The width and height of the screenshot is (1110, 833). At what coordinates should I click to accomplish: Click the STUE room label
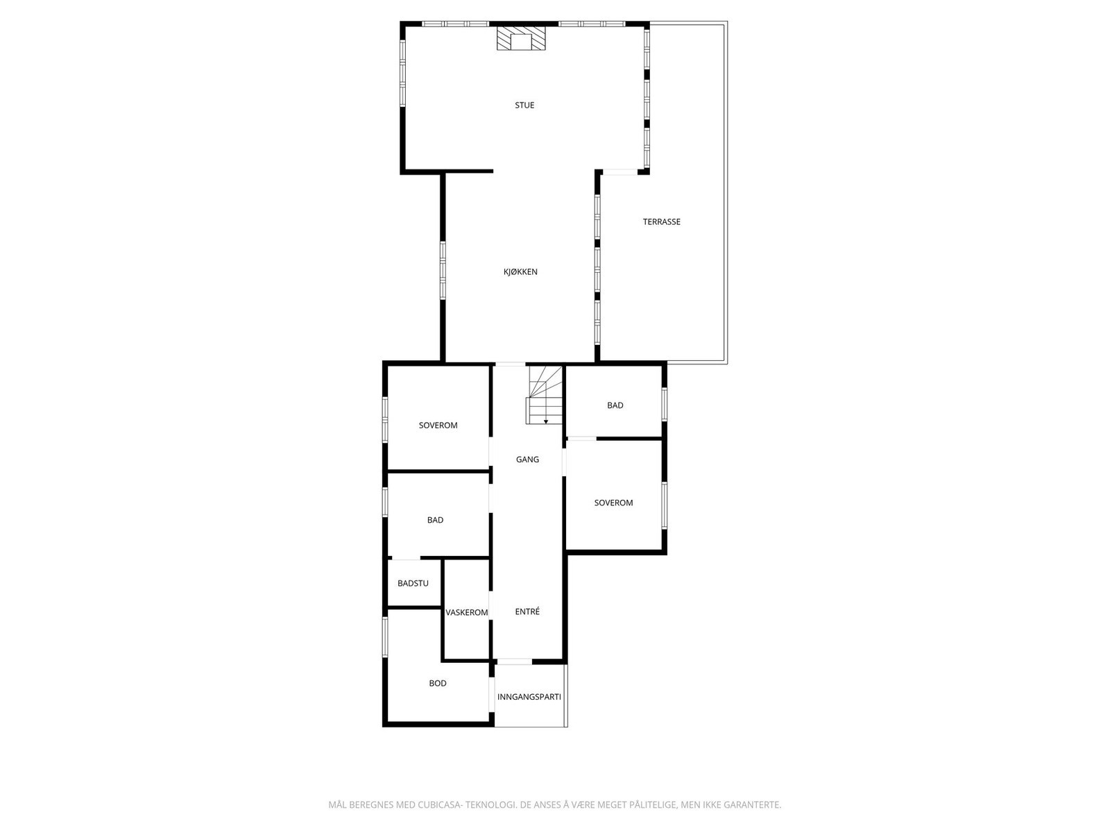coord(524,106)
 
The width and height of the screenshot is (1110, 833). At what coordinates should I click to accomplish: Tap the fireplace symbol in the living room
coord(521,39)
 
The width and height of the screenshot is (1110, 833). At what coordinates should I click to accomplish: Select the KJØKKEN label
coord(520,272)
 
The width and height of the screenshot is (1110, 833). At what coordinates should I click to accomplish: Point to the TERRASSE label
coord(661,222)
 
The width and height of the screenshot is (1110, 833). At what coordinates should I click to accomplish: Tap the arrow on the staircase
coord(546,421)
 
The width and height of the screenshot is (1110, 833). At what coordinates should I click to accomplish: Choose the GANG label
coord(527,460)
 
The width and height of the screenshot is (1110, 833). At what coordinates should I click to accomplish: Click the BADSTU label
coord(413,584)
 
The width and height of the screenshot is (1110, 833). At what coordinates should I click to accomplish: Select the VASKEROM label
coord(467,613)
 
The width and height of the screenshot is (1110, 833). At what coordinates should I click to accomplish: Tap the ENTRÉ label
coord(527,612)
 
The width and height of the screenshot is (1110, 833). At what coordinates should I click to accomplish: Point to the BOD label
coord(438,684)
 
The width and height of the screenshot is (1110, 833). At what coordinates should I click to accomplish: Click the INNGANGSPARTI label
coord(529,697)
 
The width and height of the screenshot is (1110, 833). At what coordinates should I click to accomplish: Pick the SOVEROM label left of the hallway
coord(438,426)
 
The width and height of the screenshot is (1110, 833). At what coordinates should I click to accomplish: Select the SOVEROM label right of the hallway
coord(613,503)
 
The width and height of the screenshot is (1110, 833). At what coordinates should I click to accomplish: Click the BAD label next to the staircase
coord(615,405)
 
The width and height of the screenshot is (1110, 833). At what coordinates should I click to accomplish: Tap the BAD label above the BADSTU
coord(435,521)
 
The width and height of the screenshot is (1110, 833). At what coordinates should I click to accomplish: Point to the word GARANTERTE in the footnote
coord(752,805)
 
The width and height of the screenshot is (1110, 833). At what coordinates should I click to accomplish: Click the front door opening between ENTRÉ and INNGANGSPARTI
coord(514,662)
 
